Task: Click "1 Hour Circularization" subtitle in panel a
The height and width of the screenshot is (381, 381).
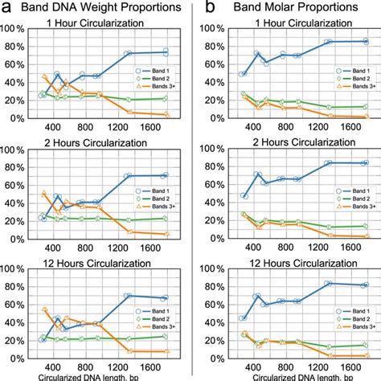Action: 104,25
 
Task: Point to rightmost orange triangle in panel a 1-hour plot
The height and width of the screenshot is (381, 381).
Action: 165,115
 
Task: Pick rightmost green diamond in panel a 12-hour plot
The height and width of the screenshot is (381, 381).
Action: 165,336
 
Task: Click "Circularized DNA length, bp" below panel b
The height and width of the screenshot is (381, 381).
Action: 295,376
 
